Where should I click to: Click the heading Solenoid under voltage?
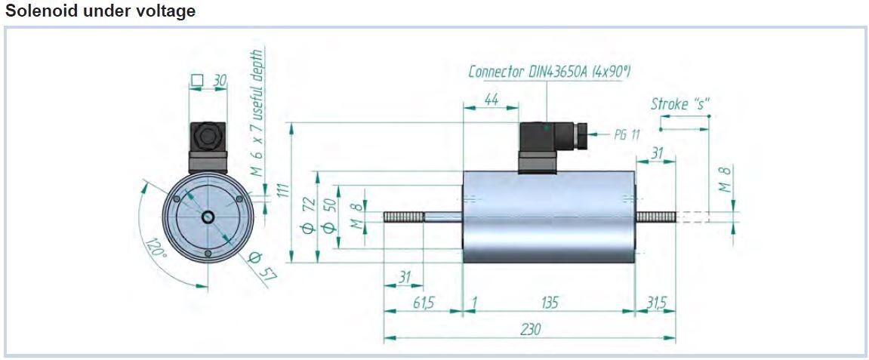(100, 11)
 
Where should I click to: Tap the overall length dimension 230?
(530, 330)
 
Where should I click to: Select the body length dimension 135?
(549, 303)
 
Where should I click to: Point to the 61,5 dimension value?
(424, 303)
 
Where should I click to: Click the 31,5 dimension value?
(657, 303)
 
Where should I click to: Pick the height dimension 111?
(285, 195)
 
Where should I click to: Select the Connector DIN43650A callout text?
(550, 72)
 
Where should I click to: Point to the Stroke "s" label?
(680, 104)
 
